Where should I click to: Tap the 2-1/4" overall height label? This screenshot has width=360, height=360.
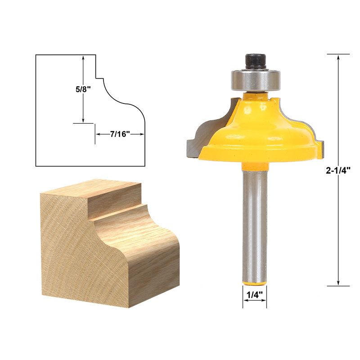338,171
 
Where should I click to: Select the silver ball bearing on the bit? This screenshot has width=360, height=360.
256,80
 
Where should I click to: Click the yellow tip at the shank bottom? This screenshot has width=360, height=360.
255,283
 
